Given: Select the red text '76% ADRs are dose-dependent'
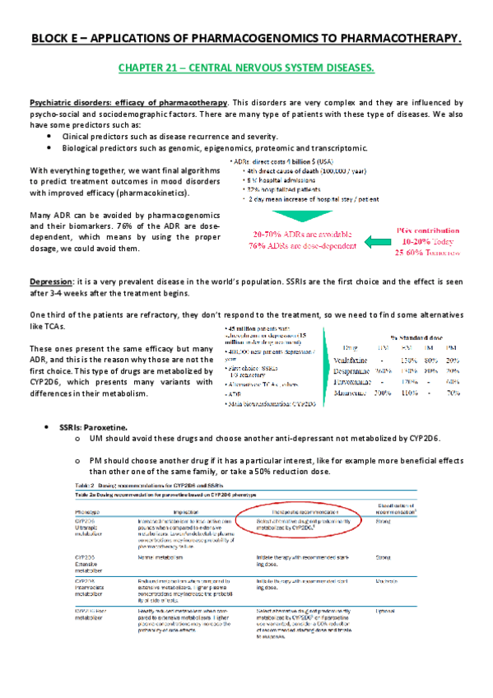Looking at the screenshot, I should (x=302, y=244).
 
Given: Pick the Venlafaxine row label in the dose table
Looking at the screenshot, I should (x=360, y=359).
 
